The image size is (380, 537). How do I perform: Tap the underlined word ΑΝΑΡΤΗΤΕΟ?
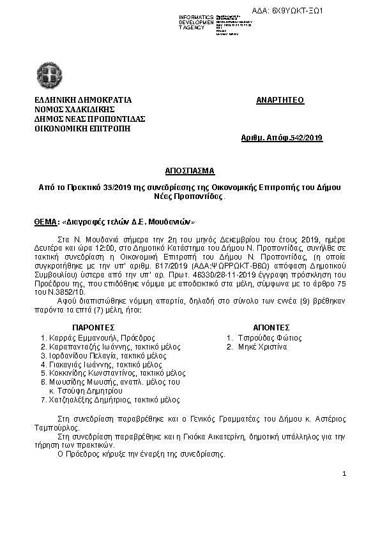[280, 100]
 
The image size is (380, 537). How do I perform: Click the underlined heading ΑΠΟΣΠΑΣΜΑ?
[190, 171]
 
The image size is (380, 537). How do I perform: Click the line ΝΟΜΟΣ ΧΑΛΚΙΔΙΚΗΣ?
[70, 109]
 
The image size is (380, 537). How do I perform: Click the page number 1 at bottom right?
[344, 474]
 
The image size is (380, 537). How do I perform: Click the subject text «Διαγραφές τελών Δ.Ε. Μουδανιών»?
[116, 223]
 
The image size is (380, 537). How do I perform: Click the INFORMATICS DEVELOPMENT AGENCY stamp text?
[196, 22]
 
